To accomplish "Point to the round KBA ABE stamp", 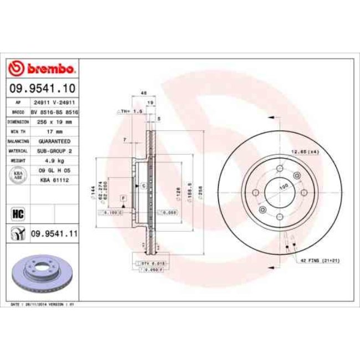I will click(17, 175).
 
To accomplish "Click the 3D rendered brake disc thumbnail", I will click(42, 271).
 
